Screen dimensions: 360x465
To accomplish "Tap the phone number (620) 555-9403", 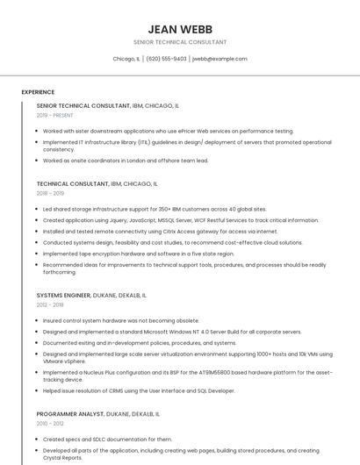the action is coord(166,59).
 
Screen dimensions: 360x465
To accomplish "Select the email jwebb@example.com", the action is coord(220,59).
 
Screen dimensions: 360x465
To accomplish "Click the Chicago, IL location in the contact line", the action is coord(126,59).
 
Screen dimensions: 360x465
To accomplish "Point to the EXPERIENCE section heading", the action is coord(38,92).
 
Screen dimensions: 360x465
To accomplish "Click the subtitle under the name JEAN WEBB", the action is coord(180,42).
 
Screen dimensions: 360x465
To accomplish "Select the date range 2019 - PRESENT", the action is coord(55,115).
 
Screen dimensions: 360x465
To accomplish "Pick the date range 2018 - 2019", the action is coord(50,193).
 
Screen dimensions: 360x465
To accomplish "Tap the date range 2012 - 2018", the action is coord(50,304).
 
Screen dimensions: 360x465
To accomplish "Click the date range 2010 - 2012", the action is coord(50,423).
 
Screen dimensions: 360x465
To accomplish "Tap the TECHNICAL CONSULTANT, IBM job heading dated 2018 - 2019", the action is coord(73,184).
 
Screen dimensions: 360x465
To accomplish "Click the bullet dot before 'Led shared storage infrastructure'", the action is coord(38,210).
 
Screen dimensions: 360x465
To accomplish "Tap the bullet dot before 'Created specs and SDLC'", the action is coord(38,440).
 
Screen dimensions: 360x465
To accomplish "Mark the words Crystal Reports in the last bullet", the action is coord(62,457).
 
